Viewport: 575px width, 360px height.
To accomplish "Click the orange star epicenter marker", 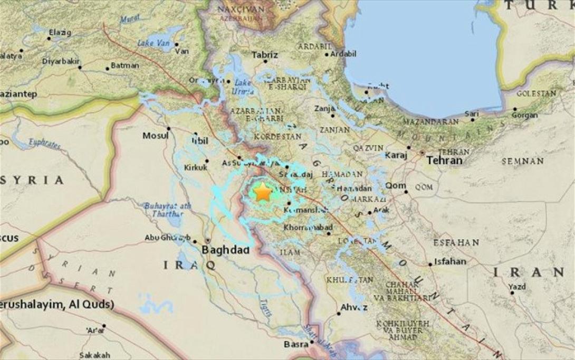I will pyautogui.click(x=262, y=193).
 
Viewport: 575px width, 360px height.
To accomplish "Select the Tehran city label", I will pyautogui.click(x=444, y=160).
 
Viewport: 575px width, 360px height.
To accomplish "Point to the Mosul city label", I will pyautogui.click(x=155, y=136).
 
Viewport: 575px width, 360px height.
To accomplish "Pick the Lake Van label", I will pyautogui.click(x=150, y=43).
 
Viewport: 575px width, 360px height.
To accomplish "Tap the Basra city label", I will pyautogui.click(x=295, y=344).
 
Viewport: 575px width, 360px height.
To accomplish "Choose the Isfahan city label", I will pyautogui.click(x=450, y=261).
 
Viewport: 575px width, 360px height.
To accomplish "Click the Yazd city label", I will pyautogui.click(x=517, y=287).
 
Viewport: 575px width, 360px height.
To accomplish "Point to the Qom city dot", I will pyautogui.click(x=406, y=192).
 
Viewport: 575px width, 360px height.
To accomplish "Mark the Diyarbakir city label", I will pyautogui.click(x=60, y=61).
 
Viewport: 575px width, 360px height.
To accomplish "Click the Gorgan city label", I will pyautogui.click(x=525, y=115).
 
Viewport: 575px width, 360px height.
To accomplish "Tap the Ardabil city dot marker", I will pyautogui.click(x=327, y=54).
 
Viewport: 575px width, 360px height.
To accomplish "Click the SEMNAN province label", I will pyautogui.click(x=522, y=161).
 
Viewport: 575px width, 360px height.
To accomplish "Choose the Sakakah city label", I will pyautogui.click(x=95, y=355).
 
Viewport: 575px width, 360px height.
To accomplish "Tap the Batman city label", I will pyautogui.click(x=125, y=66).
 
